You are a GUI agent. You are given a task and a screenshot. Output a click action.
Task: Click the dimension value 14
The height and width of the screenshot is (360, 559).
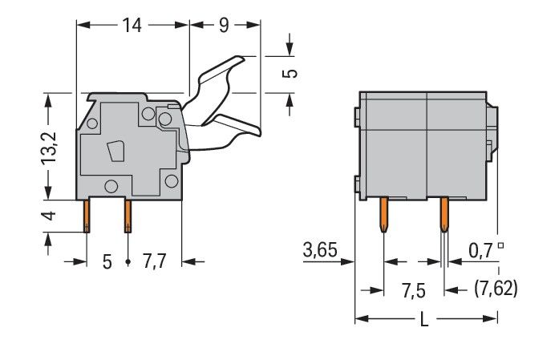[x=132, y=26]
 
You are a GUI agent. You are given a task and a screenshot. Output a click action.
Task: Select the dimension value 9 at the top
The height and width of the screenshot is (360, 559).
[x=224, y=26]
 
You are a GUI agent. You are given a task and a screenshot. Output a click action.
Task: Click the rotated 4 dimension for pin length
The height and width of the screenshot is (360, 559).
[x=49, y=216]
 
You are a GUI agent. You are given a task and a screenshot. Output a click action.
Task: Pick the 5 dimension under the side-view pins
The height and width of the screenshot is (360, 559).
[x=106, y=261]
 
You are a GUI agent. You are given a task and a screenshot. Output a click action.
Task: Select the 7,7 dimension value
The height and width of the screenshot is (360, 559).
[x=153, y=261]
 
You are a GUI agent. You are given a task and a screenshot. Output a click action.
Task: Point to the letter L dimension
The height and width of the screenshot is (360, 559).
[x=424, y=319]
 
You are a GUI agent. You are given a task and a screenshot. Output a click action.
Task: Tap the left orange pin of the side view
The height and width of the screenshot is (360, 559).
[x=87, y=216]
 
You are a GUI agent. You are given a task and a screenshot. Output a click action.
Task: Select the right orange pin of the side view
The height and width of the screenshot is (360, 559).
[x=127, y=216]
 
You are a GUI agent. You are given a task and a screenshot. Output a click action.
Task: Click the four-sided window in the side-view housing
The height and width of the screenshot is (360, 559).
[x=116, y=152]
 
